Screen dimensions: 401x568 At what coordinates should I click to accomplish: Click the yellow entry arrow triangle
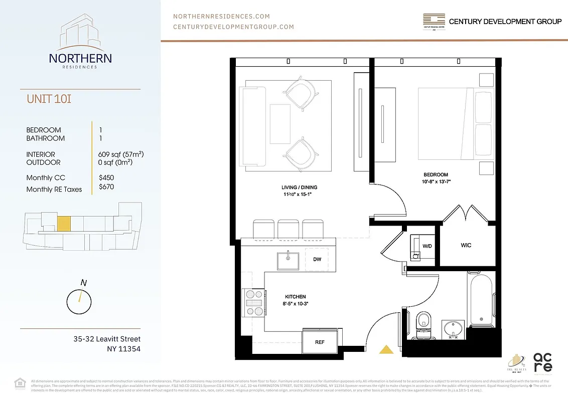386,350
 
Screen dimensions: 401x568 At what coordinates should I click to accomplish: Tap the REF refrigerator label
319,343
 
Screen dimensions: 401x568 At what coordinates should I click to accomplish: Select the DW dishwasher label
317,259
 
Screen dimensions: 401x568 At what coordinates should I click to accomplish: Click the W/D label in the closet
427,246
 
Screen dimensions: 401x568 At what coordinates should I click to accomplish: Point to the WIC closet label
466,246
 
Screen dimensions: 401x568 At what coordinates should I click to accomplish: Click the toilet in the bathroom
424,321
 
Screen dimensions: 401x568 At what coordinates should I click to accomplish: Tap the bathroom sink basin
453,329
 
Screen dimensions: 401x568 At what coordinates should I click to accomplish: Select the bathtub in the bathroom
481,299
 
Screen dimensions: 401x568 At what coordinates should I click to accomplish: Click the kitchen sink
288,260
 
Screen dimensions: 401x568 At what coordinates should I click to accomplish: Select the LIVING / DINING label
299,187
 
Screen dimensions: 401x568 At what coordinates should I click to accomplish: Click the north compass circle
79,301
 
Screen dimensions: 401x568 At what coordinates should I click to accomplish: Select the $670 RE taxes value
107,187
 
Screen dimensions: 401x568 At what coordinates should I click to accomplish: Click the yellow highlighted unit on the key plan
63,223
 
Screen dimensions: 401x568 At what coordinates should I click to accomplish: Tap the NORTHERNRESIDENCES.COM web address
221,17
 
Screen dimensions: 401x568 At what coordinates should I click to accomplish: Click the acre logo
542,362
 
